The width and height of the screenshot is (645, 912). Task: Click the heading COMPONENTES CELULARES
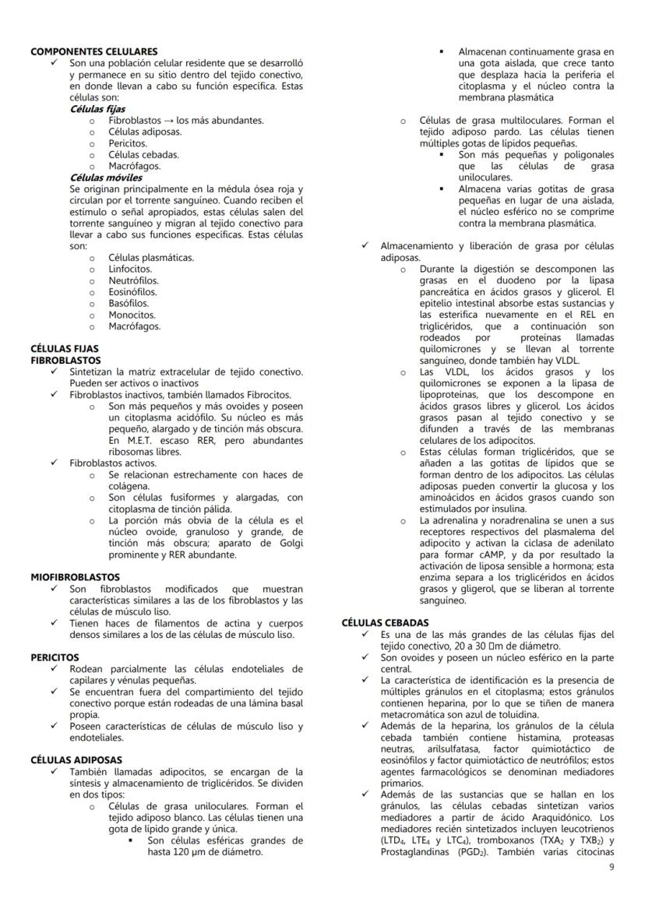pyautogui.click(x=93, y=51)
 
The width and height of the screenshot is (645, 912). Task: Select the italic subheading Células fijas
pyautogui.click(x=97, y=109)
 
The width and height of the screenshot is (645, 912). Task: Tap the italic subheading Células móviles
pyautogui.click(x=106, y=178)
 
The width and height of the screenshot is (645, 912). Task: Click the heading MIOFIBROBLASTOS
pyautogui.click(x=75, y=578)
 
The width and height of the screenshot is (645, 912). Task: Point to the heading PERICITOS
pyautogui.click(x=55, y=657)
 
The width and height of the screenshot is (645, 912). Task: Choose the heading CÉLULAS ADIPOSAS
pyautogui.click(x=76, y=759)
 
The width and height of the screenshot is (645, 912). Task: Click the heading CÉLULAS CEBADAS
pyautogui.click(x=385, y=623)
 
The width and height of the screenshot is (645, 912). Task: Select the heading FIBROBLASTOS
pyautogui.click(x=65, y=361)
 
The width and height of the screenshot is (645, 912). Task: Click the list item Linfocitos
pyautogui.click(x=130, y=269)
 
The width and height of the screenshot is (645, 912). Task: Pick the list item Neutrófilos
pyautogui.click(x=133, y=280)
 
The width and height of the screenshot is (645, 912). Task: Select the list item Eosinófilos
pyautogui.click(x=132, y=292)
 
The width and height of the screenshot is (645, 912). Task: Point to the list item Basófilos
pyautogui.click(x=129, y=304)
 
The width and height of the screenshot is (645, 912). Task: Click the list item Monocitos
pyautogui.click(x=131, y=315)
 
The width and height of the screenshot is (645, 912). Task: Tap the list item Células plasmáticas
pyautogui.click(x=151, y=258)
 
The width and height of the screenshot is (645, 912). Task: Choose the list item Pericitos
pyautogui.click(x=128, y=143)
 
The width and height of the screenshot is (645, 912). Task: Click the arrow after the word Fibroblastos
pyautogui.click(x=169, y=121)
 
